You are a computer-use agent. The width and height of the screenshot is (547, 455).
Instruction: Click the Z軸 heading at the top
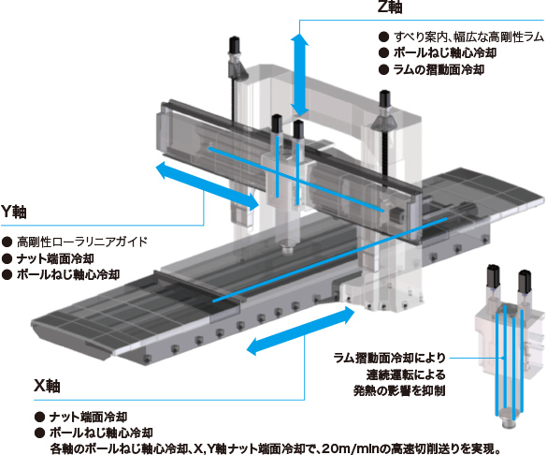coord(390,7)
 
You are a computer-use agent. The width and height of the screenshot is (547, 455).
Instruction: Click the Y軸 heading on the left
coord(14,212)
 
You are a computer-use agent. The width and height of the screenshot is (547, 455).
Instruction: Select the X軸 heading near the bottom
coord(47,386)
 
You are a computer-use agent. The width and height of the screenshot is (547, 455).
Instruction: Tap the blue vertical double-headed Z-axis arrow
coord(299,75)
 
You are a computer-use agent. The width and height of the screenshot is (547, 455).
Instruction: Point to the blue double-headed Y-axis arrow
coord(208,186)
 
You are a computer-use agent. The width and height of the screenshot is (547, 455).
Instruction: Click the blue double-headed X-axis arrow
coord(301,330)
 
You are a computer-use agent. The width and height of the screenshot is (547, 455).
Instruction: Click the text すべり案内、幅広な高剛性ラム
coord(468,37)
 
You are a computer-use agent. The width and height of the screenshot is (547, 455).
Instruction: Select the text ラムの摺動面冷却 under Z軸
coord(439,70)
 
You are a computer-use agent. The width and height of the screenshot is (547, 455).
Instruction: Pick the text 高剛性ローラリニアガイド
coord(82,242)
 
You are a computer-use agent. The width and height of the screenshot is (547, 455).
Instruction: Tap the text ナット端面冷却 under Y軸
coord(55,258)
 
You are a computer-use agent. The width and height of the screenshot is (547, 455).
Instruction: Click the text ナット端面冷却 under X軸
coord(88,417)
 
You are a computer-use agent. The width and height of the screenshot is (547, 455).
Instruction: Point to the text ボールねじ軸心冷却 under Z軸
coord(445,53)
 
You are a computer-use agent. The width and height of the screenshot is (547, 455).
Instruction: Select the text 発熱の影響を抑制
coord(399,390)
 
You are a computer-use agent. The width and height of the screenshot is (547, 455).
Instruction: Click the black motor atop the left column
coord(234,44)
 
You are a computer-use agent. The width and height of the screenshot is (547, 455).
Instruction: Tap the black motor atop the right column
coord(384,99)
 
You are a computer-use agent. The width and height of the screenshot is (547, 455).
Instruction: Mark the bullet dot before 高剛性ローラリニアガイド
coord(7,242)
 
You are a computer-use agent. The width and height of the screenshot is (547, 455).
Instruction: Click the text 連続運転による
coord(406,374)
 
